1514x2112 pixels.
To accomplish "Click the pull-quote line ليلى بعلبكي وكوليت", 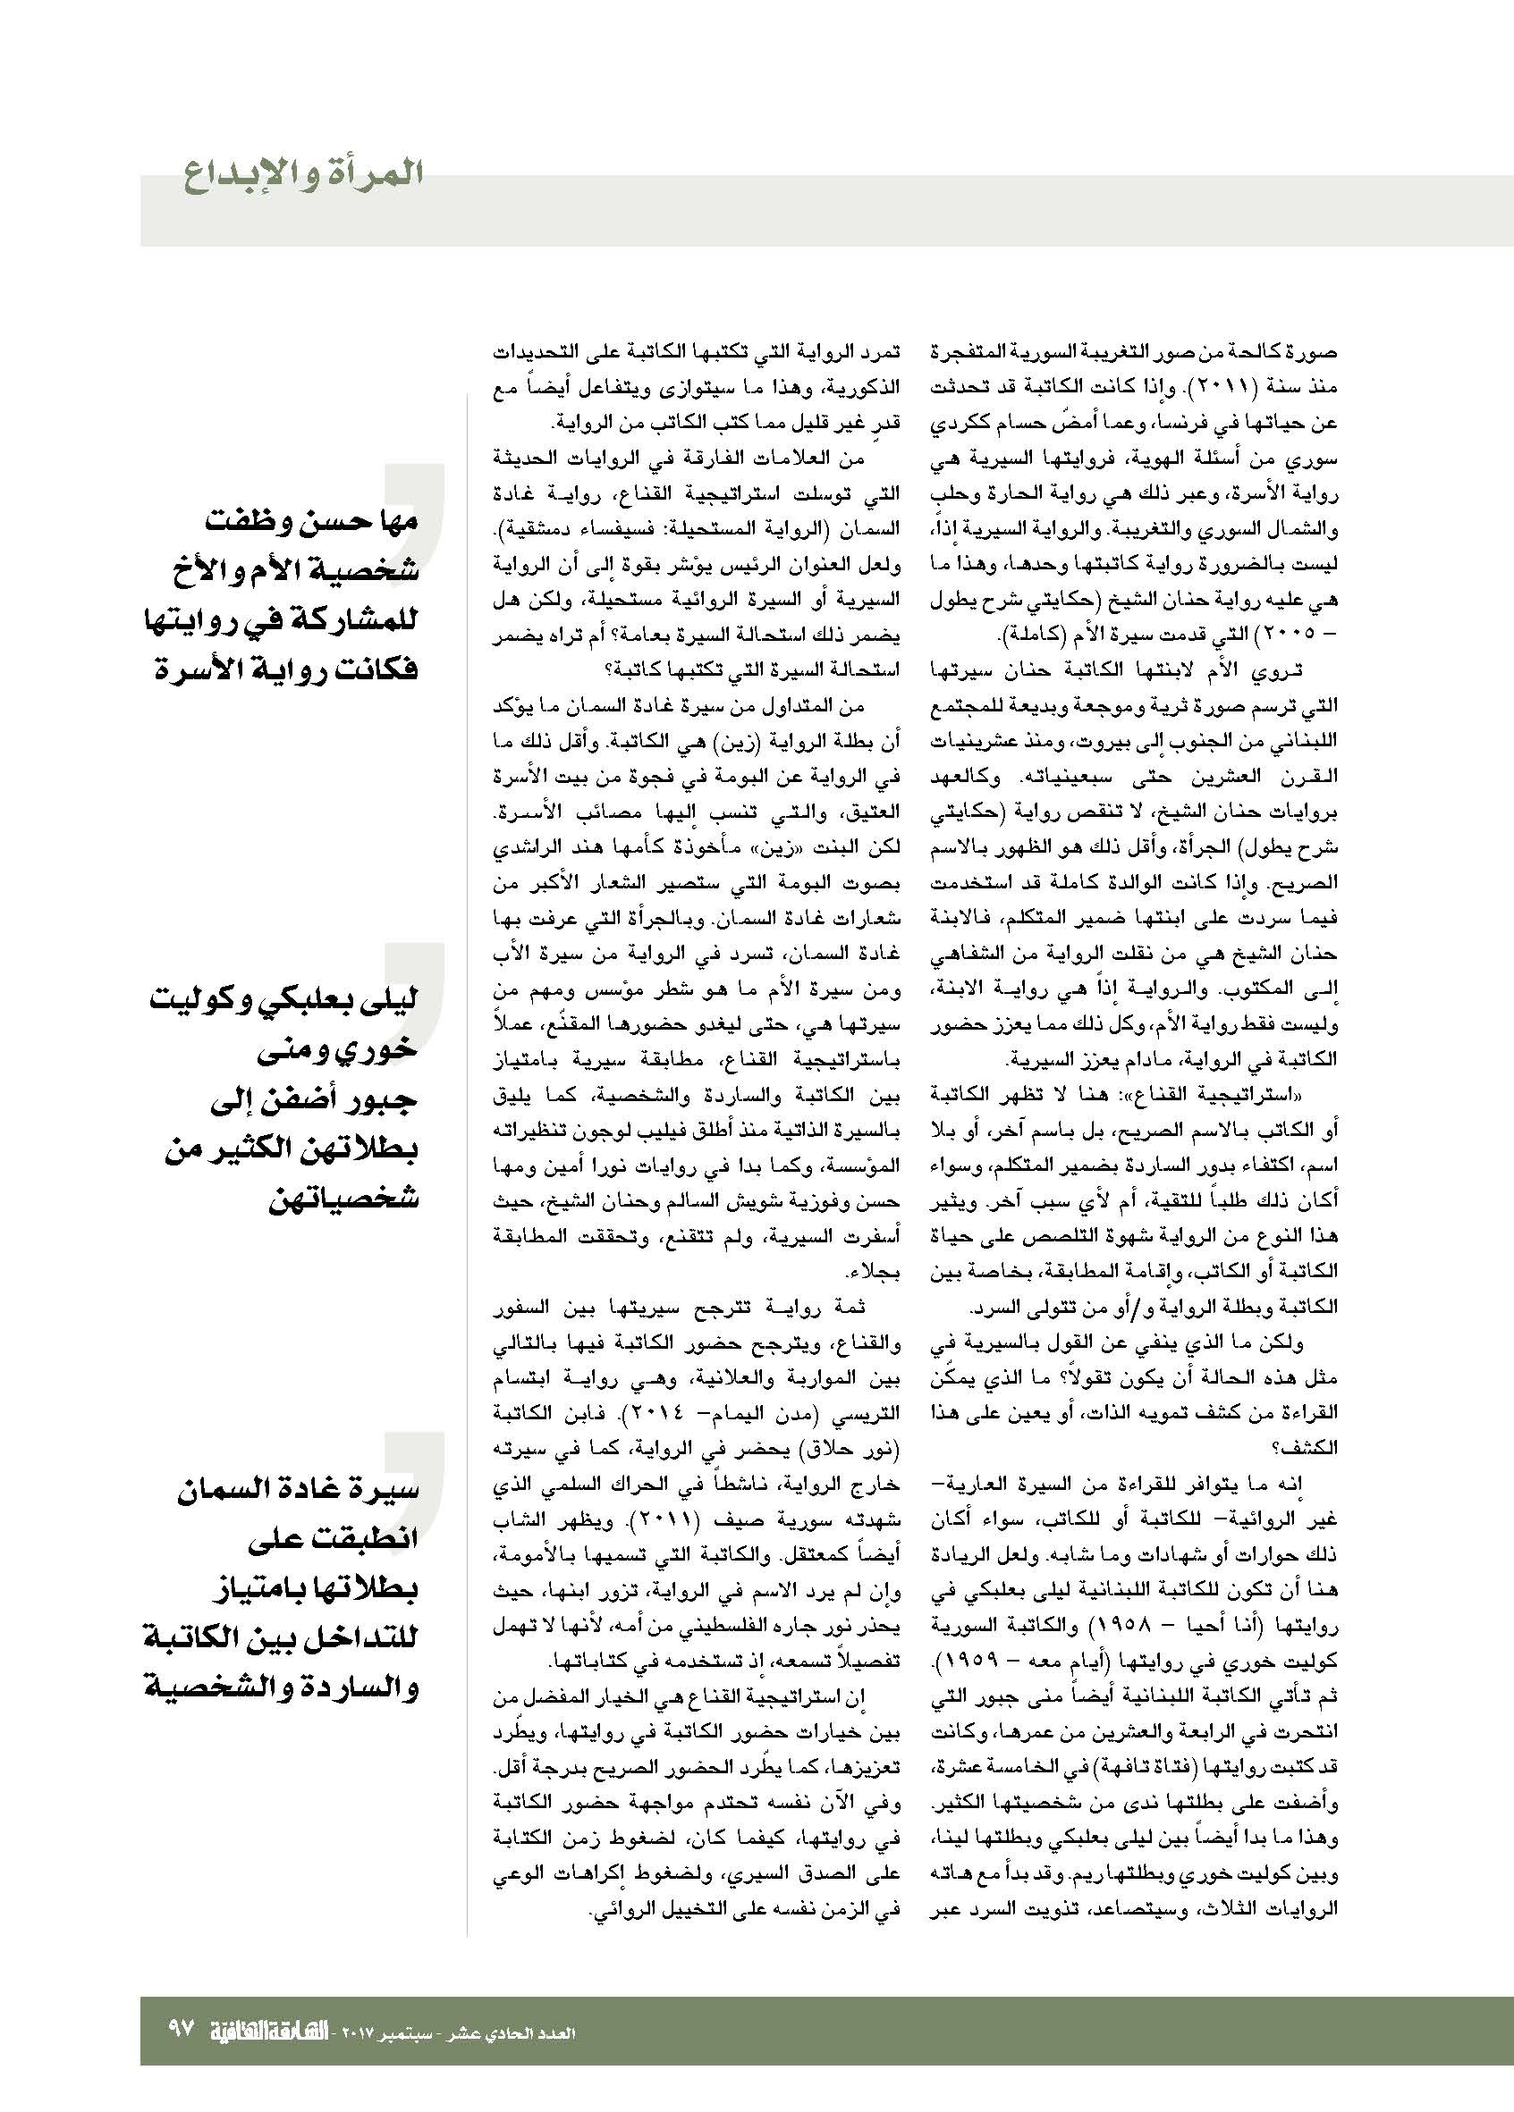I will [284, 1002].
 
